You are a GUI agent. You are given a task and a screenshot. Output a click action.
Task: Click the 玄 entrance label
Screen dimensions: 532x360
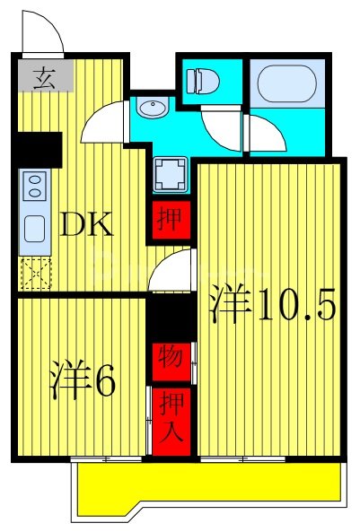40,78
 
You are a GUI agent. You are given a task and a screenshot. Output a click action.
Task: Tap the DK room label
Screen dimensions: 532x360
86,224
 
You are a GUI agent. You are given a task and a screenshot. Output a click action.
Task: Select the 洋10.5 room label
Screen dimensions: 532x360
273,306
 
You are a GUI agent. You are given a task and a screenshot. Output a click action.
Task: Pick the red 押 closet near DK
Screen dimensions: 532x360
166,218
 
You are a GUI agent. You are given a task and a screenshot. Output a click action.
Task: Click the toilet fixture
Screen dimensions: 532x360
203,82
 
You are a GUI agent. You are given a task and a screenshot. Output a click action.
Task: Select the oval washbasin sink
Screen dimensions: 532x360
152,109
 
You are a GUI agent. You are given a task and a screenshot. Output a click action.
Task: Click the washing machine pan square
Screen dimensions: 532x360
170,174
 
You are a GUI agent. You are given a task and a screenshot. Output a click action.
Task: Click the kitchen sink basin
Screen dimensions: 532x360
35,229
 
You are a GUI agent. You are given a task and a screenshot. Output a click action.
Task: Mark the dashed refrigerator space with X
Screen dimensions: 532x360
35,274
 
